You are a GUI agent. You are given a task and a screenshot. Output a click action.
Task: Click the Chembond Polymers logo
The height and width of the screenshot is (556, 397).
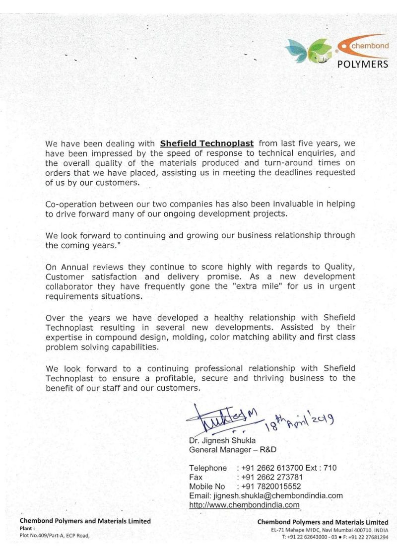pos(337,52)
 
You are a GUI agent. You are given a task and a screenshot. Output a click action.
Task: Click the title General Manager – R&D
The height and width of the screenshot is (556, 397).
pos(232,449)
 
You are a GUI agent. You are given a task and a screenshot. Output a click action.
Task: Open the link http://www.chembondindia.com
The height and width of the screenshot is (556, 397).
pos(245,505)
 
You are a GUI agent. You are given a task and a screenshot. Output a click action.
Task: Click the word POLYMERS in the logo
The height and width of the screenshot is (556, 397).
pos(363,64)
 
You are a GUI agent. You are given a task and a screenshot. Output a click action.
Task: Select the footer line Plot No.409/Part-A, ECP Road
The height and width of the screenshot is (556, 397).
pos(55,536)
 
